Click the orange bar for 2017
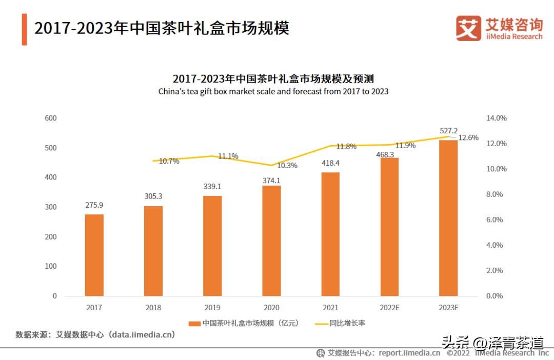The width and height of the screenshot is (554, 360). (x=94, y=255)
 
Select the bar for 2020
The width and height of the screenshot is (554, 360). (x=271, y=241)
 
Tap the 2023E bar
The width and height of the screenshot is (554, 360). (x=448, y=218)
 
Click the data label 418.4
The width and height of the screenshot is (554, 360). (x=330, y=163)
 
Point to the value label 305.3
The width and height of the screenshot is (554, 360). (x=153, y=196)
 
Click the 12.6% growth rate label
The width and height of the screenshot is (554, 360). (x=468, y=137)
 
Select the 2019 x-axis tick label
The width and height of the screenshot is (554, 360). (x=212, y=308)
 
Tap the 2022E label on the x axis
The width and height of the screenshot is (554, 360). (x=389, y=308)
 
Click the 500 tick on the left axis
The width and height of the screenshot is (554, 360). (x=50, y=148)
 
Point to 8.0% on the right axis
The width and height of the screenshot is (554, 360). (x=496, y=194)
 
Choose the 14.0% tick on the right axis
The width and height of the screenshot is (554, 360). (x=496, y=118)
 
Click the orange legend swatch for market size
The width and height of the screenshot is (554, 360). (x=194, y=324)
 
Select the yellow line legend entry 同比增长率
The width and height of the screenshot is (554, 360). (x=340, y=324)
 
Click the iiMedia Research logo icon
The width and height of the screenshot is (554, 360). (x=468, y=28)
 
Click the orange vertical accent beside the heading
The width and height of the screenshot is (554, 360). (x=24, y=29)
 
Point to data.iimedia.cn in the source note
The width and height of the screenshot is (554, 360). (x=142, y=335)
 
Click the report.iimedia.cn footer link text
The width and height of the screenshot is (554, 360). (x=409, y=353)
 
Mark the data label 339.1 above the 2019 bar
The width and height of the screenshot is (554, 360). (x=212, y=186)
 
